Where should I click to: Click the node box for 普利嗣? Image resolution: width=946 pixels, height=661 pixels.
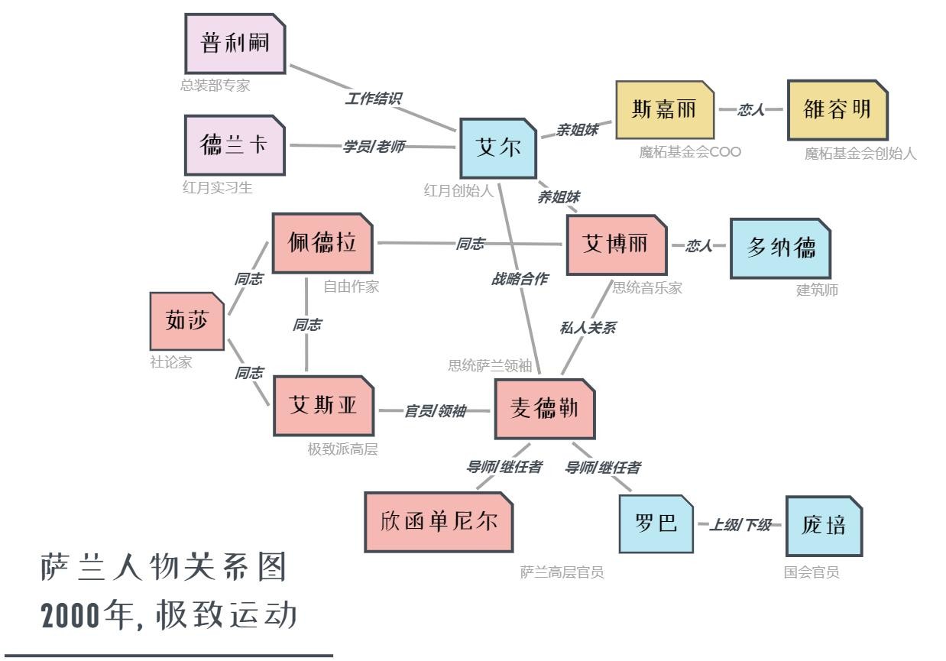coord(235,44)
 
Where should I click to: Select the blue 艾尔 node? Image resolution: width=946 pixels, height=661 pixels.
coord(498,148)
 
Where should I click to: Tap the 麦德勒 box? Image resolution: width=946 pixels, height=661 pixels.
coord(544,409)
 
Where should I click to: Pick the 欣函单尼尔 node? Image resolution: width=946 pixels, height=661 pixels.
coord(439,522)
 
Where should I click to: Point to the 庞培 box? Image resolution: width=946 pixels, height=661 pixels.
coord(824,526)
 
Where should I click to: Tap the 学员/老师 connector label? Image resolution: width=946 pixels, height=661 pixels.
coord(374,146)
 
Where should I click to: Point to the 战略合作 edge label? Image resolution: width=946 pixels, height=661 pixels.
coord(519,279)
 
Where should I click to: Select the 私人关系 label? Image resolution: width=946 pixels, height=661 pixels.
coord(588,328)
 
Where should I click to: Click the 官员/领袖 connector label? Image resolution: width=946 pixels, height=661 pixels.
coord(435,410)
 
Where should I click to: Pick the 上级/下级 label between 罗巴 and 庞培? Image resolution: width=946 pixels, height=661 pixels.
coord(740,525)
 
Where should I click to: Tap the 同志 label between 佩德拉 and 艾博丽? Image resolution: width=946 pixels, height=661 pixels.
coord(470,244)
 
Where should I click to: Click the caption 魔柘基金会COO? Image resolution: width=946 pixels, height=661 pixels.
coord(690,152)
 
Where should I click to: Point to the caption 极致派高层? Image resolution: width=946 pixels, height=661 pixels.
coord(342,449)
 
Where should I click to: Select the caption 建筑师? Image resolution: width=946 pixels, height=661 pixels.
coord(817,290)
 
